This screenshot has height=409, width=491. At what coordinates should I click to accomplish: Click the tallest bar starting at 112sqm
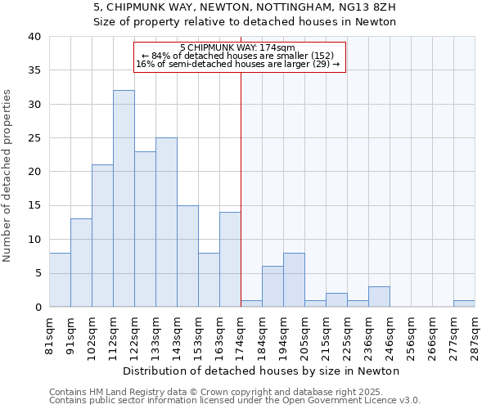[x=124, y=199]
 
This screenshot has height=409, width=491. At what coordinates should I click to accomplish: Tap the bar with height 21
[x=102, y=236]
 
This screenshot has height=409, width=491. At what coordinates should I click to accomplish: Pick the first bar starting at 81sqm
[x=60, y=280]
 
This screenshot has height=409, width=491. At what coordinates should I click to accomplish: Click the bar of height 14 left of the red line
[x=230, y=259]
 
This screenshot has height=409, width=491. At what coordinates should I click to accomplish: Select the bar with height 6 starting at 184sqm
[x=273, y=286]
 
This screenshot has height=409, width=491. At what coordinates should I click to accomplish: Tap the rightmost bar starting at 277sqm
[x=464, y=303]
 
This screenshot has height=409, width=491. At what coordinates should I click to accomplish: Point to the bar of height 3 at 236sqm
[x=379, y=297]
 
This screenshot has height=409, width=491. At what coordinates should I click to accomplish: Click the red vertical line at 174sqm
[x=241, y=188]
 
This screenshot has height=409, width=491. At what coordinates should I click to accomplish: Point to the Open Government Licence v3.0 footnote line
[x=234, y=400]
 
